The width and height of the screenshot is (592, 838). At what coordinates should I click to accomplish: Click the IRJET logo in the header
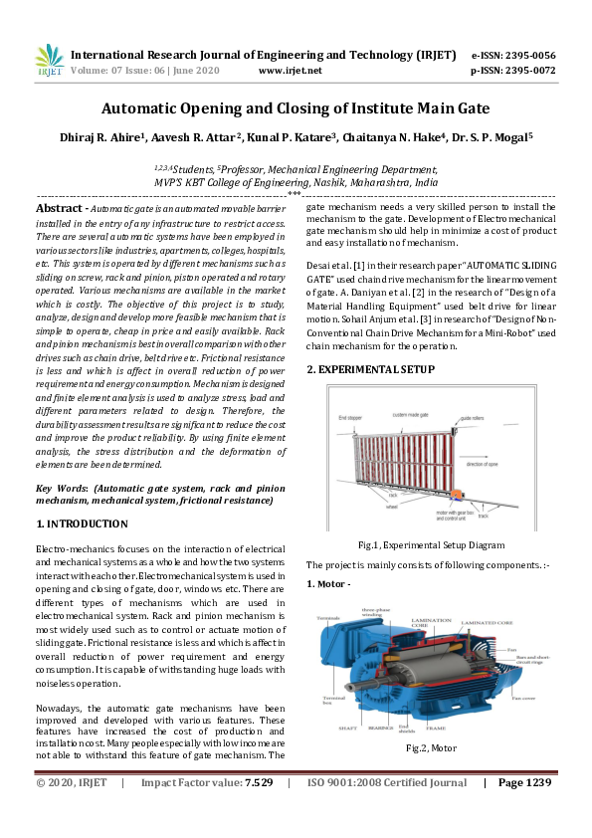click(x=49, y=63)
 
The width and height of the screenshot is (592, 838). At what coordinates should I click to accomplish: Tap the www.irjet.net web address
click(x=290, y=72)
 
